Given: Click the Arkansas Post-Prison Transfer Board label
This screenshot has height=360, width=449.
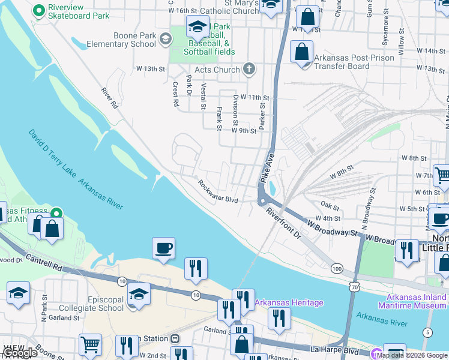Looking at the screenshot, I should pos(354,62).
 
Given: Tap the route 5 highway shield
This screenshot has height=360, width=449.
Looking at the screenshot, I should pos(427,332).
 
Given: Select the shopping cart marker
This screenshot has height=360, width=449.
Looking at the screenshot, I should pos(90,345).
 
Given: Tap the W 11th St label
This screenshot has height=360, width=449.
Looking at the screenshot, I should pos(256,97).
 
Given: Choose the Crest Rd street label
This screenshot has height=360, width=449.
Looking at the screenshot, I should pos(175,94).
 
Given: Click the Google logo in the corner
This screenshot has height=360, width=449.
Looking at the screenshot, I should pos(19,353).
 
